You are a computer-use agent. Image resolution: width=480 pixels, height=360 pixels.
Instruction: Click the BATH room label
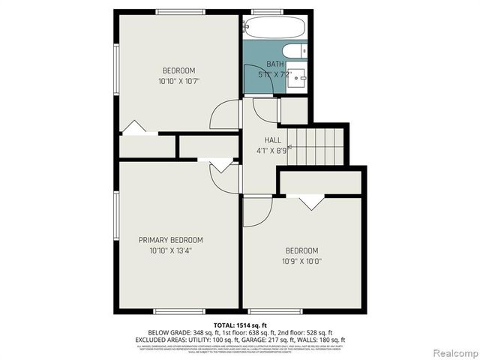(x=274, y=64)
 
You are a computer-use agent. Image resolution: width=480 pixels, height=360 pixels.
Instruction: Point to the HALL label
(x=272, y=140)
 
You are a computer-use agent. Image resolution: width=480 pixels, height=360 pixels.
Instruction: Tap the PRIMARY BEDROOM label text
(x=170, y=240)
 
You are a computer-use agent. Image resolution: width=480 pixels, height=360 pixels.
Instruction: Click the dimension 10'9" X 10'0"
(x=301, y=261)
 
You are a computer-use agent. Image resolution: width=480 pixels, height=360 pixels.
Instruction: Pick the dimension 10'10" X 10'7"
(x=178, y=80)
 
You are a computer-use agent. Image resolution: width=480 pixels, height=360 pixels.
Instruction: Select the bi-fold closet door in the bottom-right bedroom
(x=310, y=201)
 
